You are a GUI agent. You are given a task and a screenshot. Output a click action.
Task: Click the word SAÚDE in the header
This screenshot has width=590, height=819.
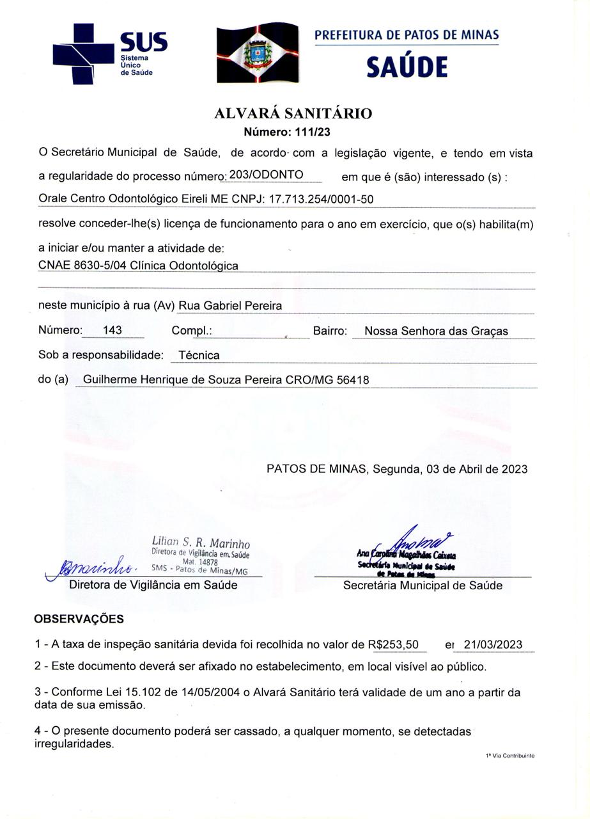(x=407, y=67)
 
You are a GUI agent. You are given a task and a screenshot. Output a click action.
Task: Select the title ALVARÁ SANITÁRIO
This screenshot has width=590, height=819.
(x=293, y=114)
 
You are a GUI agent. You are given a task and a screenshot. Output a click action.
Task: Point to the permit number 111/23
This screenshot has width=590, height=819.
(x=313, y=132)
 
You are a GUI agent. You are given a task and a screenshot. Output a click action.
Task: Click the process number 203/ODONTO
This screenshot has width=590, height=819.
(x=266, y=174)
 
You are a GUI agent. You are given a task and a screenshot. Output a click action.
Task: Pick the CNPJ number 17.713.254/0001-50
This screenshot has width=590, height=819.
(x=321, y=199)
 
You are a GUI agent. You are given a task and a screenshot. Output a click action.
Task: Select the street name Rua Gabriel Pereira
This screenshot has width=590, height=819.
(x=230, y=306)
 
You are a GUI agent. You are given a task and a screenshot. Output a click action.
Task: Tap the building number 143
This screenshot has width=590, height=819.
(x=112, y=330)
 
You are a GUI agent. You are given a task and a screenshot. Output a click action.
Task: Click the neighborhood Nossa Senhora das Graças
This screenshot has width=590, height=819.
(x=436, y=331)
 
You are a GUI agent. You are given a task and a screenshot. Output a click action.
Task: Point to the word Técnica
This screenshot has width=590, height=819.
(x=199, y=355)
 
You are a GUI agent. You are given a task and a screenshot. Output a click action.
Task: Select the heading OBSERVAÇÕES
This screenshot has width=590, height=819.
(x=79, y=619)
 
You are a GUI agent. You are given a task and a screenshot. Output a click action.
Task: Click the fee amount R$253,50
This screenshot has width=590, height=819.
(x=394, y=644)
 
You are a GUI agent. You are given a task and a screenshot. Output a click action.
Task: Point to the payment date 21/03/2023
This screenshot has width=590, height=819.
(x=493, y=644)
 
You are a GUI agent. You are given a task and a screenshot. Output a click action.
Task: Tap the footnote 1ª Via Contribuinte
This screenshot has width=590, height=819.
(x=509, y=756)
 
